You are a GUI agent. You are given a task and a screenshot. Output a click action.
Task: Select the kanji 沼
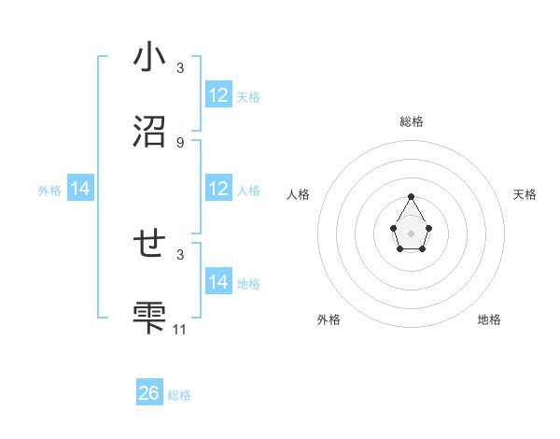[x=149, y=131]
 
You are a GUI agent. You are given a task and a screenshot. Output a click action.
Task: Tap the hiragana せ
[x=149, y=244]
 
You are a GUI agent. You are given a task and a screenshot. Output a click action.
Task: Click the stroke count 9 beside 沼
[x=180, y=142]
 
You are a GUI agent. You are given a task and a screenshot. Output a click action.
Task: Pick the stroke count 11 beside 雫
[x=180, y=329]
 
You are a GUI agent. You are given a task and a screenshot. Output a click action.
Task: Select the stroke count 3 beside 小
[x=180, y=68]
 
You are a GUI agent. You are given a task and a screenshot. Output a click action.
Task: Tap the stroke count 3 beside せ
[x=180, y=254]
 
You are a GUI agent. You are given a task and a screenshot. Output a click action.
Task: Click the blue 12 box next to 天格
[x=218, y=95]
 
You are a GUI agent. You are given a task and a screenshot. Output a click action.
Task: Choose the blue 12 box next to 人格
[x=218, y=189]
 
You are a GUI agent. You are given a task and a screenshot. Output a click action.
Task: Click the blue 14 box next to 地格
[x=218, y=282]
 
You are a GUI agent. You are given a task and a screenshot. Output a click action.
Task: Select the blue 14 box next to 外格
[x=80, y=189]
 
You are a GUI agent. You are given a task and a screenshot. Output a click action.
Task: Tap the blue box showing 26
[x=149, y=393]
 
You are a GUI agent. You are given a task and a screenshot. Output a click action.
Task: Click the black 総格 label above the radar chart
[x=411, y=121]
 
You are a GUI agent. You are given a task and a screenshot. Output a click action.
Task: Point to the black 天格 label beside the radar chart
[x=525, y=194]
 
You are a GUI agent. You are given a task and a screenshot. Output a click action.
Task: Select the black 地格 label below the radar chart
[x=489, y=319]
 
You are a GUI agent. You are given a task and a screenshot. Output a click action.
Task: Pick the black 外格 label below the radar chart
[x=329, y=319]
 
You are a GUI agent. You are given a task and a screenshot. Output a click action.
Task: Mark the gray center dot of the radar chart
[x=411, y=233]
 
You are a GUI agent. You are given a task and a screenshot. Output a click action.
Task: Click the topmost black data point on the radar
[x=411, y=196]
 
